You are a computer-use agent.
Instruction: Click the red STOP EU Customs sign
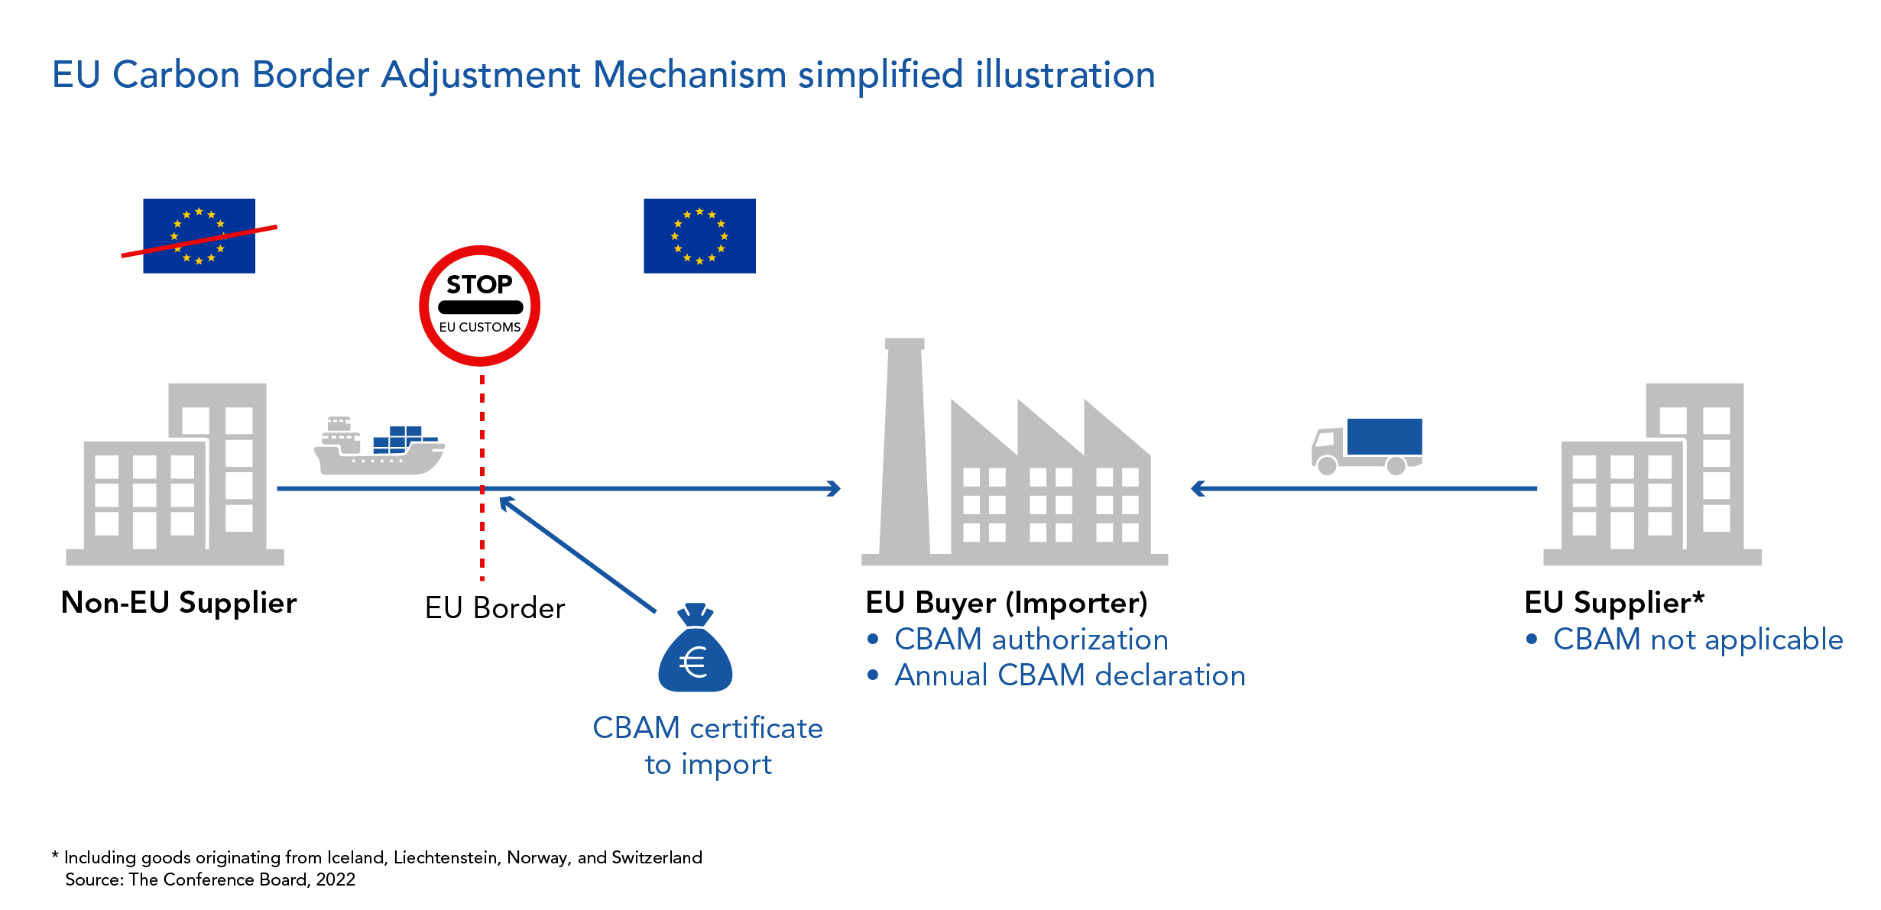coord(479,306)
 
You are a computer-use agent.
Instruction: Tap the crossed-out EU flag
coord(199,236)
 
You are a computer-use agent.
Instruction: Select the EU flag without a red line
coord(699,236)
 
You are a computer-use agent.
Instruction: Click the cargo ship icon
coord(379,448)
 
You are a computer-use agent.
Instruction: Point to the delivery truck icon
coord(1367,446)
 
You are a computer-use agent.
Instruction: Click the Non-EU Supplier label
coord(178,603)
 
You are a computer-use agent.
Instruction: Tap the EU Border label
coord(495,608)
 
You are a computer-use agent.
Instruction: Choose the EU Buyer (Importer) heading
coord(1006,603)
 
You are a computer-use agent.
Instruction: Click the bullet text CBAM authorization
coord(1030,640)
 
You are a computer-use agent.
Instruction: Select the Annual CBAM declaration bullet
coord(1069,675)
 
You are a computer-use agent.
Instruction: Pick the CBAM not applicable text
coord(1698,640)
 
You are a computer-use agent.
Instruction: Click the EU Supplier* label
coord(1613,603)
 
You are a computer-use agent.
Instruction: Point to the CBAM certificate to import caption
coord(708,746)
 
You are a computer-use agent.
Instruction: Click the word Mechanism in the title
coord(689,75)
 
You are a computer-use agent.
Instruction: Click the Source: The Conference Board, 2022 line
coord(210,879)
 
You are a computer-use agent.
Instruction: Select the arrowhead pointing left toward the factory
coord(1198,488)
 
